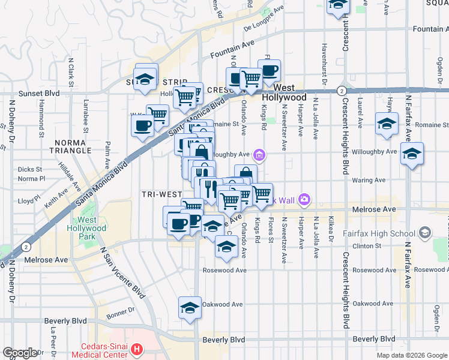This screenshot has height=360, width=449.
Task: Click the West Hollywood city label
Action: [283, 92]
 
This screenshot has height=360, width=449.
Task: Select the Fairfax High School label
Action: [381, 233]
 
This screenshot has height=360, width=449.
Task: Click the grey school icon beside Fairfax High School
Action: [425, 233]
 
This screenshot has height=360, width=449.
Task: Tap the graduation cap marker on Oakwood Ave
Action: [190, 307]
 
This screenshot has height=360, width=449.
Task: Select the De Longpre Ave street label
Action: [264, 21]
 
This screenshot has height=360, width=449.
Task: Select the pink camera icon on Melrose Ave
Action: [304, 199]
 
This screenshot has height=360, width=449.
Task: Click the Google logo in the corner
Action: [20, 353]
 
